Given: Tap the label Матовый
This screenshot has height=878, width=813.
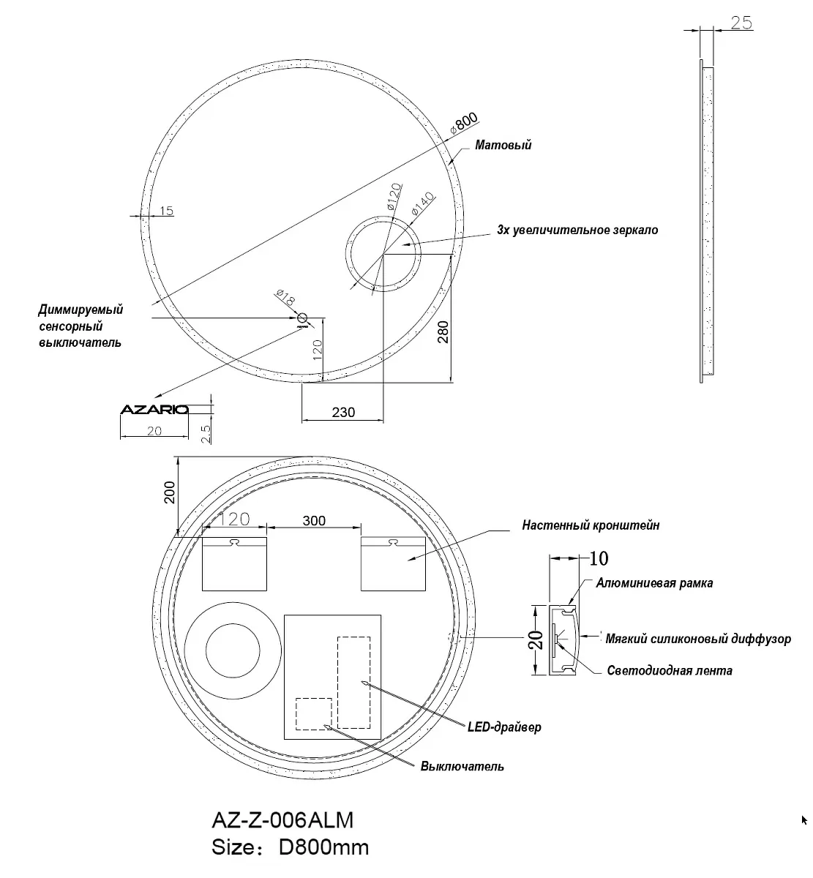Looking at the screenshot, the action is click(503, 145).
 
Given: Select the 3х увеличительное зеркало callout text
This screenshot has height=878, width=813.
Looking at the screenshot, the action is click(577, 230).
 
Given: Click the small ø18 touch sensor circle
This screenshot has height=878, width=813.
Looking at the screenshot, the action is click(302, 318).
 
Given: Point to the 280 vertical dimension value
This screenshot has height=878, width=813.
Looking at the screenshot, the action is click(443, 331).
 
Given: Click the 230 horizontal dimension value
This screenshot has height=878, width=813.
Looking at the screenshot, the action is click(343, 412).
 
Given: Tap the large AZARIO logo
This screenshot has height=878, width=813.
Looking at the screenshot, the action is click(154, 410).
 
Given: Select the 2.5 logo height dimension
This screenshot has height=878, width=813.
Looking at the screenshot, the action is click(206, 434).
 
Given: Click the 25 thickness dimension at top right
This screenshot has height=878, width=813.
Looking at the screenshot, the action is click(741, 23).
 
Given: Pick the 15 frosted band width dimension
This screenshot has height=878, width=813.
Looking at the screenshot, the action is click(166, 211).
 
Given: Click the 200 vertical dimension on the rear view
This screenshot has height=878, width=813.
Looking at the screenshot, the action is click(170, 492).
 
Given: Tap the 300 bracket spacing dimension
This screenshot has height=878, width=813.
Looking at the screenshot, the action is click(314, 520).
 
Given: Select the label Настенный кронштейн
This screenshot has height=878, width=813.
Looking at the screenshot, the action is click(591, 525).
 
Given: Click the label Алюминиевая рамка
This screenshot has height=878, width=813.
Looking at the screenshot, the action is click(655, 582).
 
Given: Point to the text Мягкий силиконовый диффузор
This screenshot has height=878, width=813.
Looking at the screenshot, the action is click(698, 639).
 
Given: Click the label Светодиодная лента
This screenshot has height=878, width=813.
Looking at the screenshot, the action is click(670, 670).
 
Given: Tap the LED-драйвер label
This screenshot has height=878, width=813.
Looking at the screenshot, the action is click(504, 727).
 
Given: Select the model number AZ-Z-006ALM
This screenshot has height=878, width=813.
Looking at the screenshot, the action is click(282, 820).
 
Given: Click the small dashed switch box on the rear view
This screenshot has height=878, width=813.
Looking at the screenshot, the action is click(314, 714).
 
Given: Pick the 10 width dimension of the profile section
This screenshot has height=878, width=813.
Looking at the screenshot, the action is click(599, 558).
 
